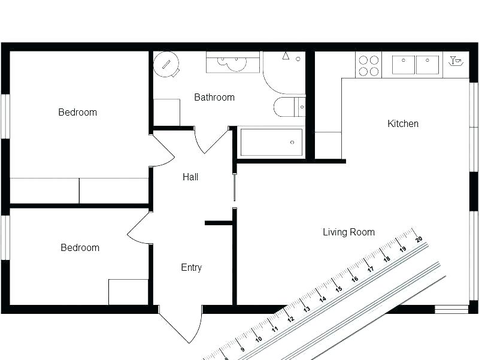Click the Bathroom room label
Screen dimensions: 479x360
click(x=214, y=97)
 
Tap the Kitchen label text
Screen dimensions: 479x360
click(x=403, y=124)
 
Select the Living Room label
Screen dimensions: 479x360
click(x=348, y=232)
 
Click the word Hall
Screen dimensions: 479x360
click(x=190, y=177)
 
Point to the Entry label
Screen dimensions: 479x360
click(x=191, y=268)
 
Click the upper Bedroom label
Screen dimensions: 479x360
click(x=77, y=113)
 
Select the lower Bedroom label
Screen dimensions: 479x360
click(x=80, y=248)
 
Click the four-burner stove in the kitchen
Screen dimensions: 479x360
click(x=368, y=65)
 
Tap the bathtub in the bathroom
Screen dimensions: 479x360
click(x=271, y=143)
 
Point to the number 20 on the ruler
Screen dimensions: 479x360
click(x=419, y=239)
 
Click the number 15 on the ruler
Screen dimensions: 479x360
click(x=338, y=289)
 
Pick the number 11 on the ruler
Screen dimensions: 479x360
click(x=275, y=329)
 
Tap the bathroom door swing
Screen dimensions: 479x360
click(x=210, y=141)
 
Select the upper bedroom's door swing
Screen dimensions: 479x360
click(x=160, y=152)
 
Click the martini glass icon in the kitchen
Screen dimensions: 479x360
click(x=456, y=60)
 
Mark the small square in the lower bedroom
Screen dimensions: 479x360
click(x=128, y=292)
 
